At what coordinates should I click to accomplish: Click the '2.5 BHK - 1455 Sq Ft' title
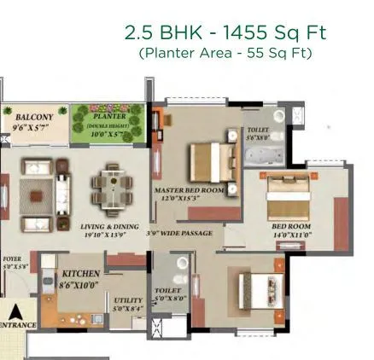[x=225, y=33]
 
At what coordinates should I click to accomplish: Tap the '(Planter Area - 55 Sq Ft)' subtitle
[x=225, y=53]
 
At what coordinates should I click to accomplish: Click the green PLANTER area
[x=108, y=125]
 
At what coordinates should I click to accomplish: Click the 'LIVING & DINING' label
[x=104, y=228]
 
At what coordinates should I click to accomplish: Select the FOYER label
[x=12, y=261]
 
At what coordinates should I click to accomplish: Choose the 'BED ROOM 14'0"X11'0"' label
[x=291, y=230]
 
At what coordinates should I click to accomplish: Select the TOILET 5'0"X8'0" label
[x=167, y=294]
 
